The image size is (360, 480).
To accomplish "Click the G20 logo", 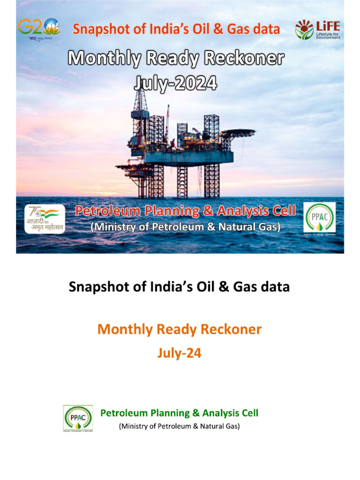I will tap(38, 29).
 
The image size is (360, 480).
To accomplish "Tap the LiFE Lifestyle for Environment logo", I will tap(317, 30).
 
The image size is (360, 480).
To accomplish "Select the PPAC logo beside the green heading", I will tap(78, 418).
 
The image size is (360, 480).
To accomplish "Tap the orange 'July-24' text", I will tap(180, 353).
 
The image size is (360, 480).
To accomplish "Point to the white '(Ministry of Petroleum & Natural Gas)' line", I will tap(185, 227).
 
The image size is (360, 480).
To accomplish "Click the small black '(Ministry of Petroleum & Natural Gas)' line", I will tap(180, 427).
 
